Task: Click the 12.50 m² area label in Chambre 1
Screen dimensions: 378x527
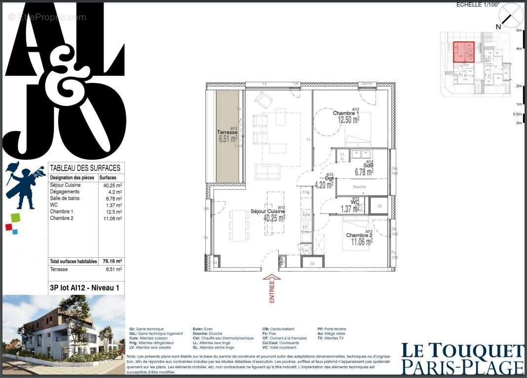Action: (x=348, y=119)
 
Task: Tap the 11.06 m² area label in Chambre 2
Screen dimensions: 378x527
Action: (x=361, y=242)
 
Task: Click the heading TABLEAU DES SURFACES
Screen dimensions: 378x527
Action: (x=85, y=168)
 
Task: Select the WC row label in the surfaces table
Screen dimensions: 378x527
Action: (x=54, y=205)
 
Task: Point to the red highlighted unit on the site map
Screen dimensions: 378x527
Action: (x=463, y=52)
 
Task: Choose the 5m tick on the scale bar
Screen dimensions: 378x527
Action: (x=519, y=31)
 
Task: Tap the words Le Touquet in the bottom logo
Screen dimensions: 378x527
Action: (x=462, y=351)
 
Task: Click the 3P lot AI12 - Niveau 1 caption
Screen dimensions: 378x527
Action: (x=84, y=288)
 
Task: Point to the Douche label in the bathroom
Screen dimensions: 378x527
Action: (x=359, y=187)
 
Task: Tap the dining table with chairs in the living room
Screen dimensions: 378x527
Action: (x=239, y=225)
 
